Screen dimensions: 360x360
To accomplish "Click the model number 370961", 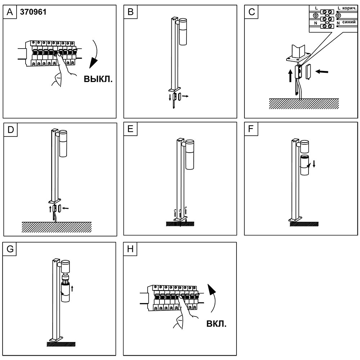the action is tap(33, 12).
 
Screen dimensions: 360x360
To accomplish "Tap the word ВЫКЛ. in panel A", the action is tap(98, 79).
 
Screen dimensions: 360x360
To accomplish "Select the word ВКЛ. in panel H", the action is tap(216, 324).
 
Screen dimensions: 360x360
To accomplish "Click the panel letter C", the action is tap(252, 12).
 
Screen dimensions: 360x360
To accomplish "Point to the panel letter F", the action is tap(251, 129).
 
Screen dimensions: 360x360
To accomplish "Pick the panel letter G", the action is tap(10, 249).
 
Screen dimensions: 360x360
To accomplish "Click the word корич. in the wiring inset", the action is tap(349, 8).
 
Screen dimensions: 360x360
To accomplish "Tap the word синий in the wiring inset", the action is tap(349, 22).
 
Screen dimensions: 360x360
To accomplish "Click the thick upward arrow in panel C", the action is tap(291, 76).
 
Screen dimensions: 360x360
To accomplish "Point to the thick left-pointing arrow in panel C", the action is tap(322, 72).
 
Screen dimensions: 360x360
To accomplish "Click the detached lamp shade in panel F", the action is tap(305, 165).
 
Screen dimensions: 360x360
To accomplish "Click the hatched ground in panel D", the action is tap(57, 227).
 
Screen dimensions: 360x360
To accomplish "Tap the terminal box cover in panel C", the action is tap(308, 72).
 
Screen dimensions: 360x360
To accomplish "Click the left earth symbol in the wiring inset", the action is tap(315, 15).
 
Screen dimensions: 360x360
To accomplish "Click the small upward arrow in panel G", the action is tap(72, 288).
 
